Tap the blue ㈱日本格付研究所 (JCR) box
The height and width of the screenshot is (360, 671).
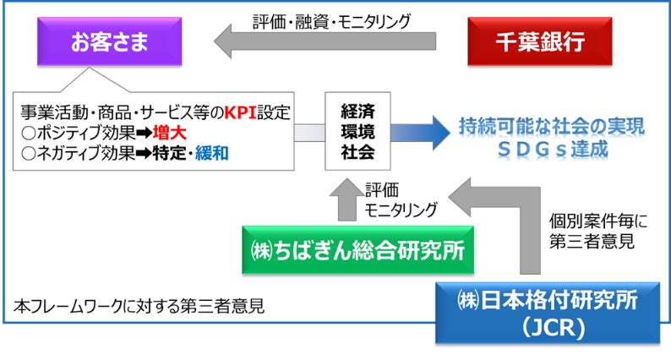coord(547,313)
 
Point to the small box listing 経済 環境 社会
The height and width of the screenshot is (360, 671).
coord(357,132)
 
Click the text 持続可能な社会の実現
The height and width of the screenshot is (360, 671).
coord(551,126)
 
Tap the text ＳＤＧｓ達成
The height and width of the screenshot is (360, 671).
coord(551,149)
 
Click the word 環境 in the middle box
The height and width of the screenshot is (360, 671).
coord(357,132)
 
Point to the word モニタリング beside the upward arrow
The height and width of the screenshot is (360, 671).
coord(401,211)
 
